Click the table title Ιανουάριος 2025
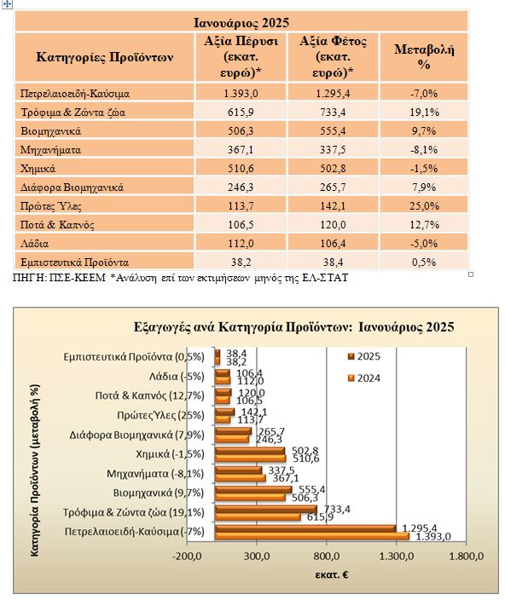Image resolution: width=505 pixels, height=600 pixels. point(241,22)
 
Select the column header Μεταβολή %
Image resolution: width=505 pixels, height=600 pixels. point(424,56)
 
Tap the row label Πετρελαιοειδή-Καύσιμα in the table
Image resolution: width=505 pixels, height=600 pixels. point(75,94)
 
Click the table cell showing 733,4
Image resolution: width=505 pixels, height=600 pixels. point(333,112)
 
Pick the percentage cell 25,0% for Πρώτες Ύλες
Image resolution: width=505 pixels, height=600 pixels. point(424,206)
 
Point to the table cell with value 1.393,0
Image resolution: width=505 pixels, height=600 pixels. point(241,94)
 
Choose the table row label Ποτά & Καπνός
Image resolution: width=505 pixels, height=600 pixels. point(57,225)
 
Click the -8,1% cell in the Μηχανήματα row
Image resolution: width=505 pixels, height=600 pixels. point(424,150)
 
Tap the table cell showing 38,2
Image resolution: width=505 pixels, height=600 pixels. point(241,262)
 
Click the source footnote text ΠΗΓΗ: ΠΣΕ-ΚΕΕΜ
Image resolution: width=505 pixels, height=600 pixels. point(59,278)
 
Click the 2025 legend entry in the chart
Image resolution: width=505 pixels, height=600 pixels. point(363,356)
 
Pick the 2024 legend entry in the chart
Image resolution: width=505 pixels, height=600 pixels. point(363,378)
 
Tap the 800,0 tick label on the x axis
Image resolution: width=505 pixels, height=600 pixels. point(327,556)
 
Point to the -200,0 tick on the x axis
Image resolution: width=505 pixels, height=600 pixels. point(187,556)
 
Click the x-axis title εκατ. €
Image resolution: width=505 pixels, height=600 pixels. point(332,574)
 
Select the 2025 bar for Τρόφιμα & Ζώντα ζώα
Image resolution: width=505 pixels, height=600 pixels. point(266,510)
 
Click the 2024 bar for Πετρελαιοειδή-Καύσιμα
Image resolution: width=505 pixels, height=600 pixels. point(312,536)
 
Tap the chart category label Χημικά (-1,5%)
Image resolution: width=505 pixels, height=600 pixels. point(170,454)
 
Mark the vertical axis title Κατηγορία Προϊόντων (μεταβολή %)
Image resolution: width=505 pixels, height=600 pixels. point(34,470)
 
